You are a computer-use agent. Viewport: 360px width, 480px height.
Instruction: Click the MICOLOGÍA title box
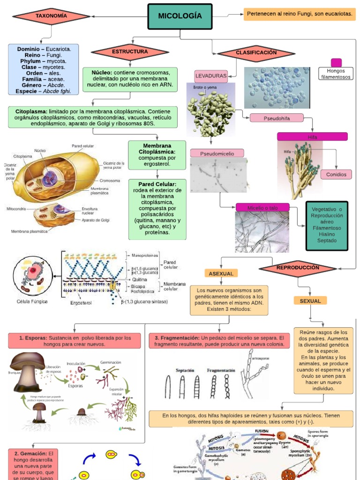180,16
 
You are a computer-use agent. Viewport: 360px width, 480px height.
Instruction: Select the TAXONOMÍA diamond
51,16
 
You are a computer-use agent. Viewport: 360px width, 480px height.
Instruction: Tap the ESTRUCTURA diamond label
130,52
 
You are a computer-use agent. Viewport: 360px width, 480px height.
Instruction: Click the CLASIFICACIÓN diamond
256,53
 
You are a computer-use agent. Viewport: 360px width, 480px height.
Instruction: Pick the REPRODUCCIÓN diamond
298,268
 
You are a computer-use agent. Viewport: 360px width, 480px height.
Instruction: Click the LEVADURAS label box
211,75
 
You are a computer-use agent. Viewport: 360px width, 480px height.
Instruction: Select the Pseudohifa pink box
277,118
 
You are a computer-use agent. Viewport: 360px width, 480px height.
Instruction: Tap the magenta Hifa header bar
312,136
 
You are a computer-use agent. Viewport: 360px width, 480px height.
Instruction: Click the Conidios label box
336,174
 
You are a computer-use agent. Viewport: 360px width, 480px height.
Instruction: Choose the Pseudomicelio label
217,153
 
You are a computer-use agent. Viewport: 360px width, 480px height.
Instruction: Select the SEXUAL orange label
310,301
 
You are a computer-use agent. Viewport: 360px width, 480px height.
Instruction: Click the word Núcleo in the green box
102,73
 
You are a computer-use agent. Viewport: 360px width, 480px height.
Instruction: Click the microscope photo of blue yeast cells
277,88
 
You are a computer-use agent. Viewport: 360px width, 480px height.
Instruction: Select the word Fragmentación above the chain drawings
221,370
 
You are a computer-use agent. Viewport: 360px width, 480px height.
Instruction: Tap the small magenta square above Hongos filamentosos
336,63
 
